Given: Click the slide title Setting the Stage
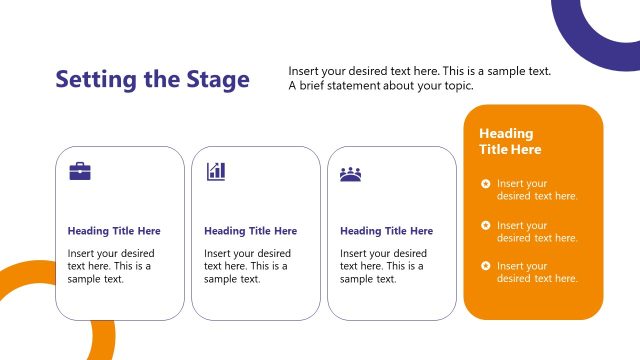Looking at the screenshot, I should (152, 79).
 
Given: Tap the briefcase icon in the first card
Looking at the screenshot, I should (80, 172).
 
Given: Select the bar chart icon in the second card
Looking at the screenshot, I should (216, 172).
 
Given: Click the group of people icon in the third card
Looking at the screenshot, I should (350, 173).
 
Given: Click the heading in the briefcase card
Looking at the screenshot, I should (114, 231).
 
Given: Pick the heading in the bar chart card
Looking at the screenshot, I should (250, 231).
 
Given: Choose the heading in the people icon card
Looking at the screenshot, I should (386, 231).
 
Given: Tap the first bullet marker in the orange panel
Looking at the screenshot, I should (485, 183).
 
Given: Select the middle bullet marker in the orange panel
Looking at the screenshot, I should (485, 225).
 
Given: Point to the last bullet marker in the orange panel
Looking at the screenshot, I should (485, 266).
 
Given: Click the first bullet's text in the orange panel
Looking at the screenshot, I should (537, 190).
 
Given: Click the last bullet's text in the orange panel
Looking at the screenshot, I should (537, 272).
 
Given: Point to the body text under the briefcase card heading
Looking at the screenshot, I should (110, 266).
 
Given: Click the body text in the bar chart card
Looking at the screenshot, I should (247, 266).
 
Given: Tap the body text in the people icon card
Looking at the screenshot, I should (383, 266).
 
